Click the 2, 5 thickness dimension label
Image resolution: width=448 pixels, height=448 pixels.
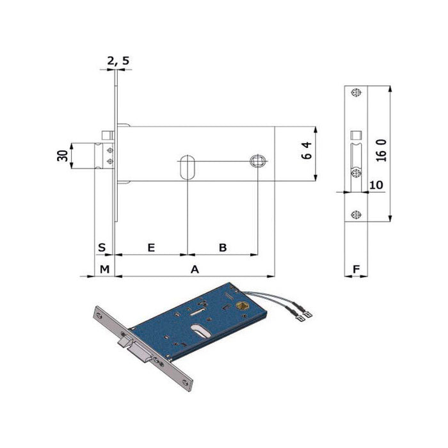(x=118, y=61)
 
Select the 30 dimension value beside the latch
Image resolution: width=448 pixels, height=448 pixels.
(x=63, y=156)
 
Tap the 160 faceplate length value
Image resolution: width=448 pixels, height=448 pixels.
(x=381, y=150)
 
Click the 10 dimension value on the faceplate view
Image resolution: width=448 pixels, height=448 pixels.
(x=376, y=185)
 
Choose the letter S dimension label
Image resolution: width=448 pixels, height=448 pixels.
(x=102, y=247)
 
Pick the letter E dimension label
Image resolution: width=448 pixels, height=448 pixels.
(x=151, y=248)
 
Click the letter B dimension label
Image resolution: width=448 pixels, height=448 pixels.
(x=223, y=248)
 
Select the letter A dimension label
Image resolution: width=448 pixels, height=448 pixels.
(x=195, y=269)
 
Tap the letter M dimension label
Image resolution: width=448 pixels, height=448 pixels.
(x=104, y=269)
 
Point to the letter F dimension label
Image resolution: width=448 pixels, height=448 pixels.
(x=356, y=269)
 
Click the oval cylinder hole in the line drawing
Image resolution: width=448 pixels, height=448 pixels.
(x=188, y=168)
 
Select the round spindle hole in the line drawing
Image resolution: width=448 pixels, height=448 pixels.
(x=258, y=161)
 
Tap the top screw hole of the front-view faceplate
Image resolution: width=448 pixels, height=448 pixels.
(x=356, y=93)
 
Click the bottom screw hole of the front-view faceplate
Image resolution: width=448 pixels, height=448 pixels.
(x=356, y=214)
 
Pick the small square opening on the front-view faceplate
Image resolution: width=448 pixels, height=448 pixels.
(x=356, y=135)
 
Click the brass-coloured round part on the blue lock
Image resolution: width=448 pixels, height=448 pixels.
(x=242, y=306)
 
